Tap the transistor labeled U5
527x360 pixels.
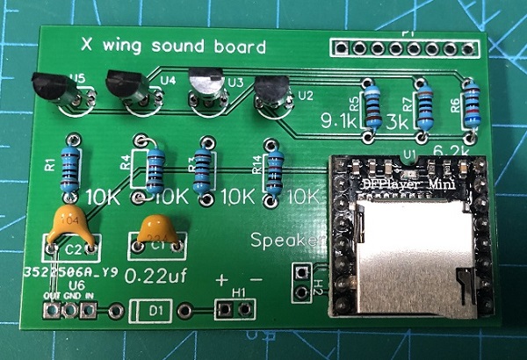[51, 88]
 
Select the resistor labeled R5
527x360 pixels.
[373, 104]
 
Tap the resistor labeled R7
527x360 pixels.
[424, 104]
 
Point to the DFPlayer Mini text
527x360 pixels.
[405, 184]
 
